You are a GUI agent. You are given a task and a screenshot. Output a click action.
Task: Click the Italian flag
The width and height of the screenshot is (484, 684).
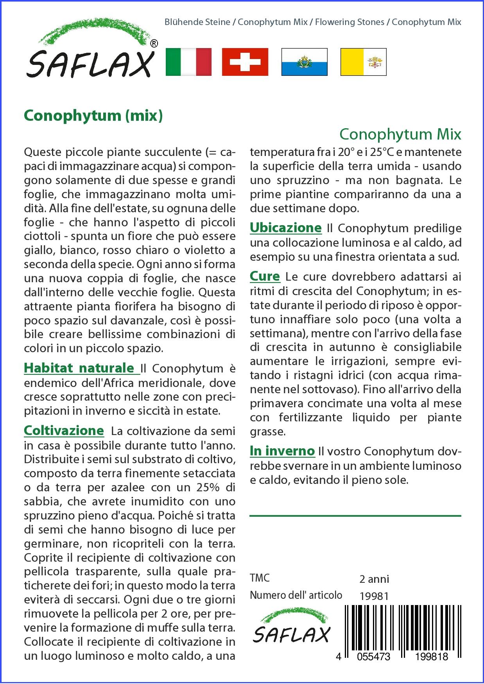click(188, 62)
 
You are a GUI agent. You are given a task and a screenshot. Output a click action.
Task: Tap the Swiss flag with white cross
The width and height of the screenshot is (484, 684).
click(245, 62)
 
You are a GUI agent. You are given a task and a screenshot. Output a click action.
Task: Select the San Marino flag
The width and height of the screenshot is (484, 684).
click(304, 62)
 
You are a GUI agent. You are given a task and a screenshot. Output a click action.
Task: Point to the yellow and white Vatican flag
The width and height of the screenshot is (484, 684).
click(363, 62)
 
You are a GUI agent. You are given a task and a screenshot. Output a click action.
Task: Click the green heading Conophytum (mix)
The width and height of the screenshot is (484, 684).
click(93, 115)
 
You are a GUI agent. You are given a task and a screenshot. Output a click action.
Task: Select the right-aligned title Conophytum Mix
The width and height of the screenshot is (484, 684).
click(400, 134)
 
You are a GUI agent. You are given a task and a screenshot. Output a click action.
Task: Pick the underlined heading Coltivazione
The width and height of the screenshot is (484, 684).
click(64, 431)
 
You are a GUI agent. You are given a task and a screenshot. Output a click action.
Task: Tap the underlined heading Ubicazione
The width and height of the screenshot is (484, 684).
click(285, 227)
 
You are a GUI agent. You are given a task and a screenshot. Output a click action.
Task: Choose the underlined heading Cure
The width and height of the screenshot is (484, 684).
click(265, 276)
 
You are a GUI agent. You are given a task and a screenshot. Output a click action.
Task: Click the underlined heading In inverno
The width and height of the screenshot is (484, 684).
click(282, 451)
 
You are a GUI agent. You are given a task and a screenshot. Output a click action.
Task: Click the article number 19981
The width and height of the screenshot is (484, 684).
click(374, 596)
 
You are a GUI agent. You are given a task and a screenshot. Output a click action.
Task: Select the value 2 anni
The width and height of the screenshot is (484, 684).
click(374, 579)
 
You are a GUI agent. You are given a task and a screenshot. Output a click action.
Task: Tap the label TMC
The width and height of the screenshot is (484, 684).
click(260, 578)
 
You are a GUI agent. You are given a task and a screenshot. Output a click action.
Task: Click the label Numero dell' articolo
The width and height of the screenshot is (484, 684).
click(296, 595)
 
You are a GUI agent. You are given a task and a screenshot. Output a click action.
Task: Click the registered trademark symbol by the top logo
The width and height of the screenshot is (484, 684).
click(154, 44)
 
